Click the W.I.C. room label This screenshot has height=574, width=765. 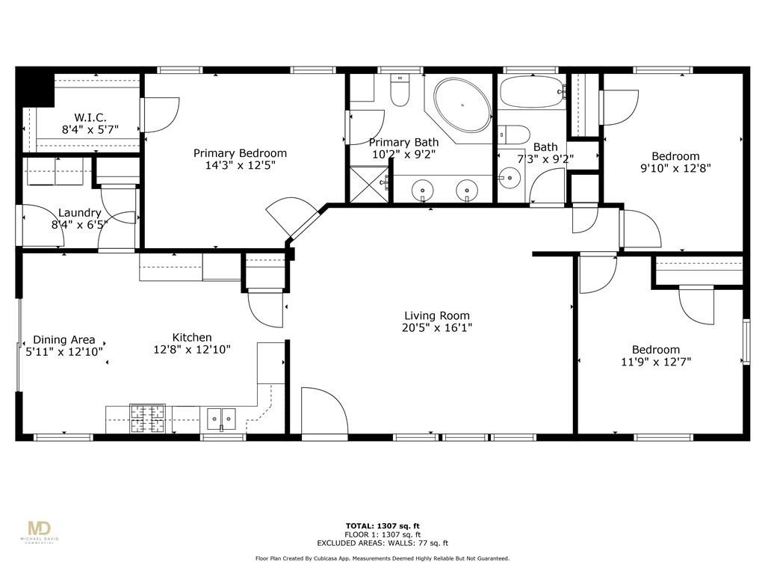click(90, 117)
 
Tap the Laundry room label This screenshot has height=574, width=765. click(79, 213)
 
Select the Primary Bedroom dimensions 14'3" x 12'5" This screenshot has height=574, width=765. click(240, 165)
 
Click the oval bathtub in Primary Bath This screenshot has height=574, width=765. click(462, 105)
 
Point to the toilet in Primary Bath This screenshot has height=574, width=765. click(400, 90)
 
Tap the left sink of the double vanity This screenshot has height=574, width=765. click(423, 191)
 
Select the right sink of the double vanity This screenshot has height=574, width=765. click(467, 191)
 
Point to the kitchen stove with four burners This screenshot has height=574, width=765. click(147, 419)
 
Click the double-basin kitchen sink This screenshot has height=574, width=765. click(221, 419)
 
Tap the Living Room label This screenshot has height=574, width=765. click(437, 315)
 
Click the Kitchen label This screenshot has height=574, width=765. click(192, 338)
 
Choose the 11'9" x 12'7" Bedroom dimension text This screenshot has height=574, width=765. click(655, 362)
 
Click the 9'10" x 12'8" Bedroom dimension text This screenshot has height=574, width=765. click(675, 168)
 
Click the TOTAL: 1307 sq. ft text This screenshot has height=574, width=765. click(382, 525)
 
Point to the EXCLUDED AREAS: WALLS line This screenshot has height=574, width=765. click(382, 543)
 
